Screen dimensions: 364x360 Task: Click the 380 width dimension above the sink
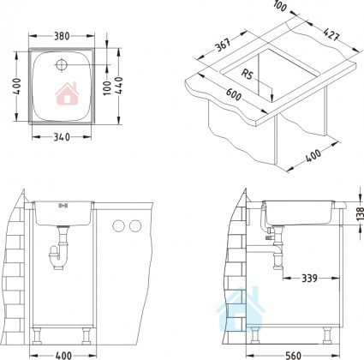point(62,36)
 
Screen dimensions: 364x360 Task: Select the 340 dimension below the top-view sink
point(62,137)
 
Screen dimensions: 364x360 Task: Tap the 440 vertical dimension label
point(119,86)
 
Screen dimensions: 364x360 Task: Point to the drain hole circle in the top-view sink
point(61,64)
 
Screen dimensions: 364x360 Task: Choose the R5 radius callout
point(248,75)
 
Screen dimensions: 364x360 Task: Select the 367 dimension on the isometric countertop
point(223,45)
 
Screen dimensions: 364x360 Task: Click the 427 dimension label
point(331,34)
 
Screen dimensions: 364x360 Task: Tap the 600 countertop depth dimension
point(234,94)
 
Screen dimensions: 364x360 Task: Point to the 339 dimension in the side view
point(309,278)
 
